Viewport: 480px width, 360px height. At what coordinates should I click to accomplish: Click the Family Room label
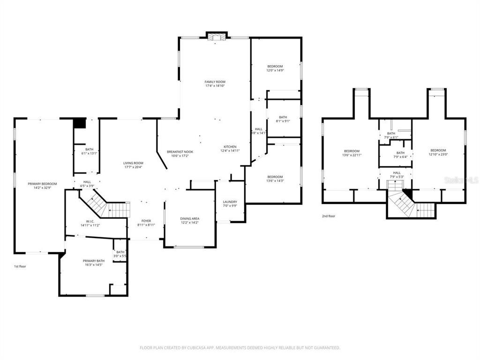pyautogui.click(x=215, y=84)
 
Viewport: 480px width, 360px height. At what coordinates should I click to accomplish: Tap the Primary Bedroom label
pyautogui.click(x=42, y=186)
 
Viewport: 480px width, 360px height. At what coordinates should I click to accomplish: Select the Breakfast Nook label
pyautogui.click(x=180, y=154)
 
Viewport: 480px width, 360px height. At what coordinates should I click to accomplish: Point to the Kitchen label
pyautogui.click(x=230, y=149)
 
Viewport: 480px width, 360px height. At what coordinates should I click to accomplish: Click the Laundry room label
pyautogui.click(x=230, y=203)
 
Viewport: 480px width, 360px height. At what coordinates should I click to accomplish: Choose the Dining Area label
pyautogui.click(x=189, y=221)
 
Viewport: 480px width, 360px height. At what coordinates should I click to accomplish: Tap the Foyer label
pyautogui.click(x=146, y=223)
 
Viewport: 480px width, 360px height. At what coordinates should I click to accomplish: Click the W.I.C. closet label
pyautogui.click(x=90, y=223)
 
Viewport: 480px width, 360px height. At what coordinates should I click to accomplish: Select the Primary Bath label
pyautogui.click(x=94, y=262)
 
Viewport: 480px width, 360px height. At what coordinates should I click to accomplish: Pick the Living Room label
pyautogui.click(x=133, y=165)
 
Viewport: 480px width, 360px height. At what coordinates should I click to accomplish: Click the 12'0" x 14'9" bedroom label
pyautogui.click(x=276, y=68)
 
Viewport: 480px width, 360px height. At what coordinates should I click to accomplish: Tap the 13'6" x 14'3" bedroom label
pyautogui.click(x=275, y=179)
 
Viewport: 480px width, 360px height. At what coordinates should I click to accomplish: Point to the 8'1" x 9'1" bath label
pyautogui.click(x=283, y=119)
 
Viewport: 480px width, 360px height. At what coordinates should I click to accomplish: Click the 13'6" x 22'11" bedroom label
pyautogui.click(x=352, y=153)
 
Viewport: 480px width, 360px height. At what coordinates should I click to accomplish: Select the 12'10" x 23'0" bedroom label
pyautogui.click(x=438, y=152)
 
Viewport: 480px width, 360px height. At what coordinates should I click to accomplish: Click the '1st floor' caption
pyautogui.click(x=20, y=266)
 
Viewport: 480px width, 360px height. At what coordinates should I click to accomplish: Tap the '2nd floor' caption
pyautogui.click(x=328, y=216)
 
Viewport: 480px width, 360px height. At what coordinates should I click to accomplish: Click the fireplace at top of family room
pyautogui.click(x=216, y=37)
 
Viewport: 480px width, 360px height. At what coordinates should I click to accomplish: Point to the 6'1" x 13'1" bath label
pyautogui.click(x=89, y=151)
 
